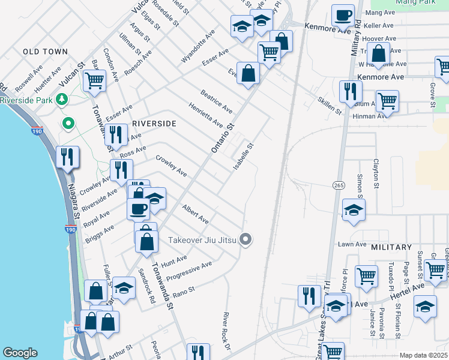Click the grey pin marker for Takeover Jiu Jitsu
point(245,239)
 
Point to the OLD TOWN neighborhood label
point(45,52)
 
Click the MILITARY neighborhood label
point(391,247)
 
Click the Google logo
point(20,353)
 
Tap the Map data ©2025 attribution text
point(423,355)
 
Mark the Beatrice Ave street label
point(217,102)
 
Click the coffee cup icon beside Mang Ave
point(343,14)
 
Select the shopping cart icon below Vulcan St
point(94,80)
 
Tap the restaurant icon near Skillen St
point(350,91)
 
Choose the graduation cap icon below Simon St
point(354,209)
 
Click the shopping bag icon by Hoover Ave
point(379,54)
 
